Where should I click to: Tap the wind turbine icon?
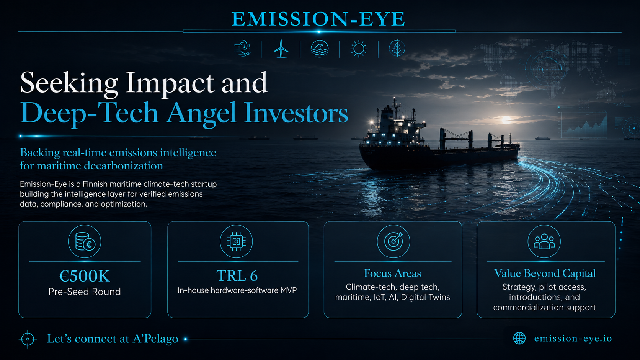281,49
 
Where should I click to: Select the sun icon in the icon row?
359,49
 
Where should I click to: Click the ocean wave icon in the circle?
320,49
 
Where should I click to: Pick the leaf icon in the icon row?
397,49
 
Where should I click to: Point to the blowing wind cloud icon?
242,49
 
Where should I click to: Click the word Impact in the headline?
170,83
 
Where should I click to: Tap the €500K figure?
85,276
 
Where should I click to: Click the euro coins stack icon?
85,241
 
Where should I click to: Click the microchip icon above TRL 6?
236,241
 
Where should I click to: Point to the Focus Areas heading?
393,273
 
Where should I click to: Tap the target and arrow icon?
393,241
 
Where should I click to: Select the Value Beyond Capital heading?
545,273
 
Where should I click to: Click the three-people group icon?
544,241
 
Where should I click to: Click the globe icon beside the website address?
519,338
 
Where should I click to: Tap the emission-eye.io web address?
573,338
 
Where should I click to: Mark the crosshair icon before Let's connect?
28,339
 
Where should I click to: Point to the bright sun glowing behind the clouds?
506,120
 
